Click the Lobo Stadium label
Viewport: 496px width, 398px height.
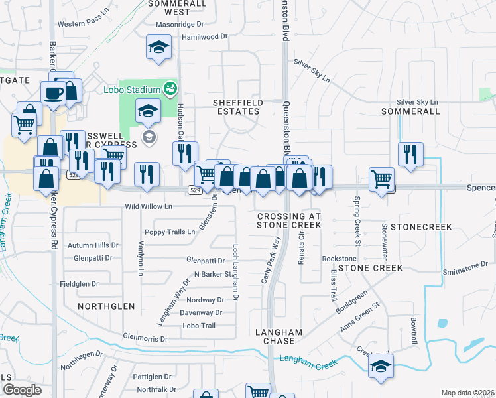(x=131, y=90)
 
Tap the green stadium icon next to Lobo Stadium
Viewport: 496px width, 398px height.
(x=171, y=88)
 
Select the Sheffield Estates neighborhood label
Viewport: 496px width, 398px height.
(x=237, y=107)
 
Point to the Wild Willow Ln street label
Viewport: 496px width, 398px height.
(x=149, y=206)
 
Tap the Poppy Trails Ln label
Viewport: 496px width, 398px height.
(x=170, y=232)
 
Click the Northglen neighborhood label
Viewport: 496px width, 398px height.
(x=106, y=306)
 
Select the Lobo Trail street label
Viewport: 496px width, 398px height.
(x=200, y=326)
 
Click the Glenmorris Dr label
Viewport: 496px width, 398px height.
(x=146, y=338)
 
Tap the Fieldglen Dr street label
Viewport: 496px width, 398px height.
(x=79, y=284)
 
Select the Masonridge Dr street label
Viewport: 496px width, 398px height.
(x=179, y=24)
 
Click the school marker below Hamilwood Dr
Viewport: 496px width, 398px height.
(x=158, y=48)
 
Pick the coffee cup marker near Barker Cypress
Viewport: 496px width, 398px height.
(x=53, y=94)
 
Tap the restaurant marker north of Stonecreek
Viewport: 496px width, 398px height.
(x=410, y=154)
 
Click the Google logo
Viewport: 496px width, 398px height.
(x=22, y=390)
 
